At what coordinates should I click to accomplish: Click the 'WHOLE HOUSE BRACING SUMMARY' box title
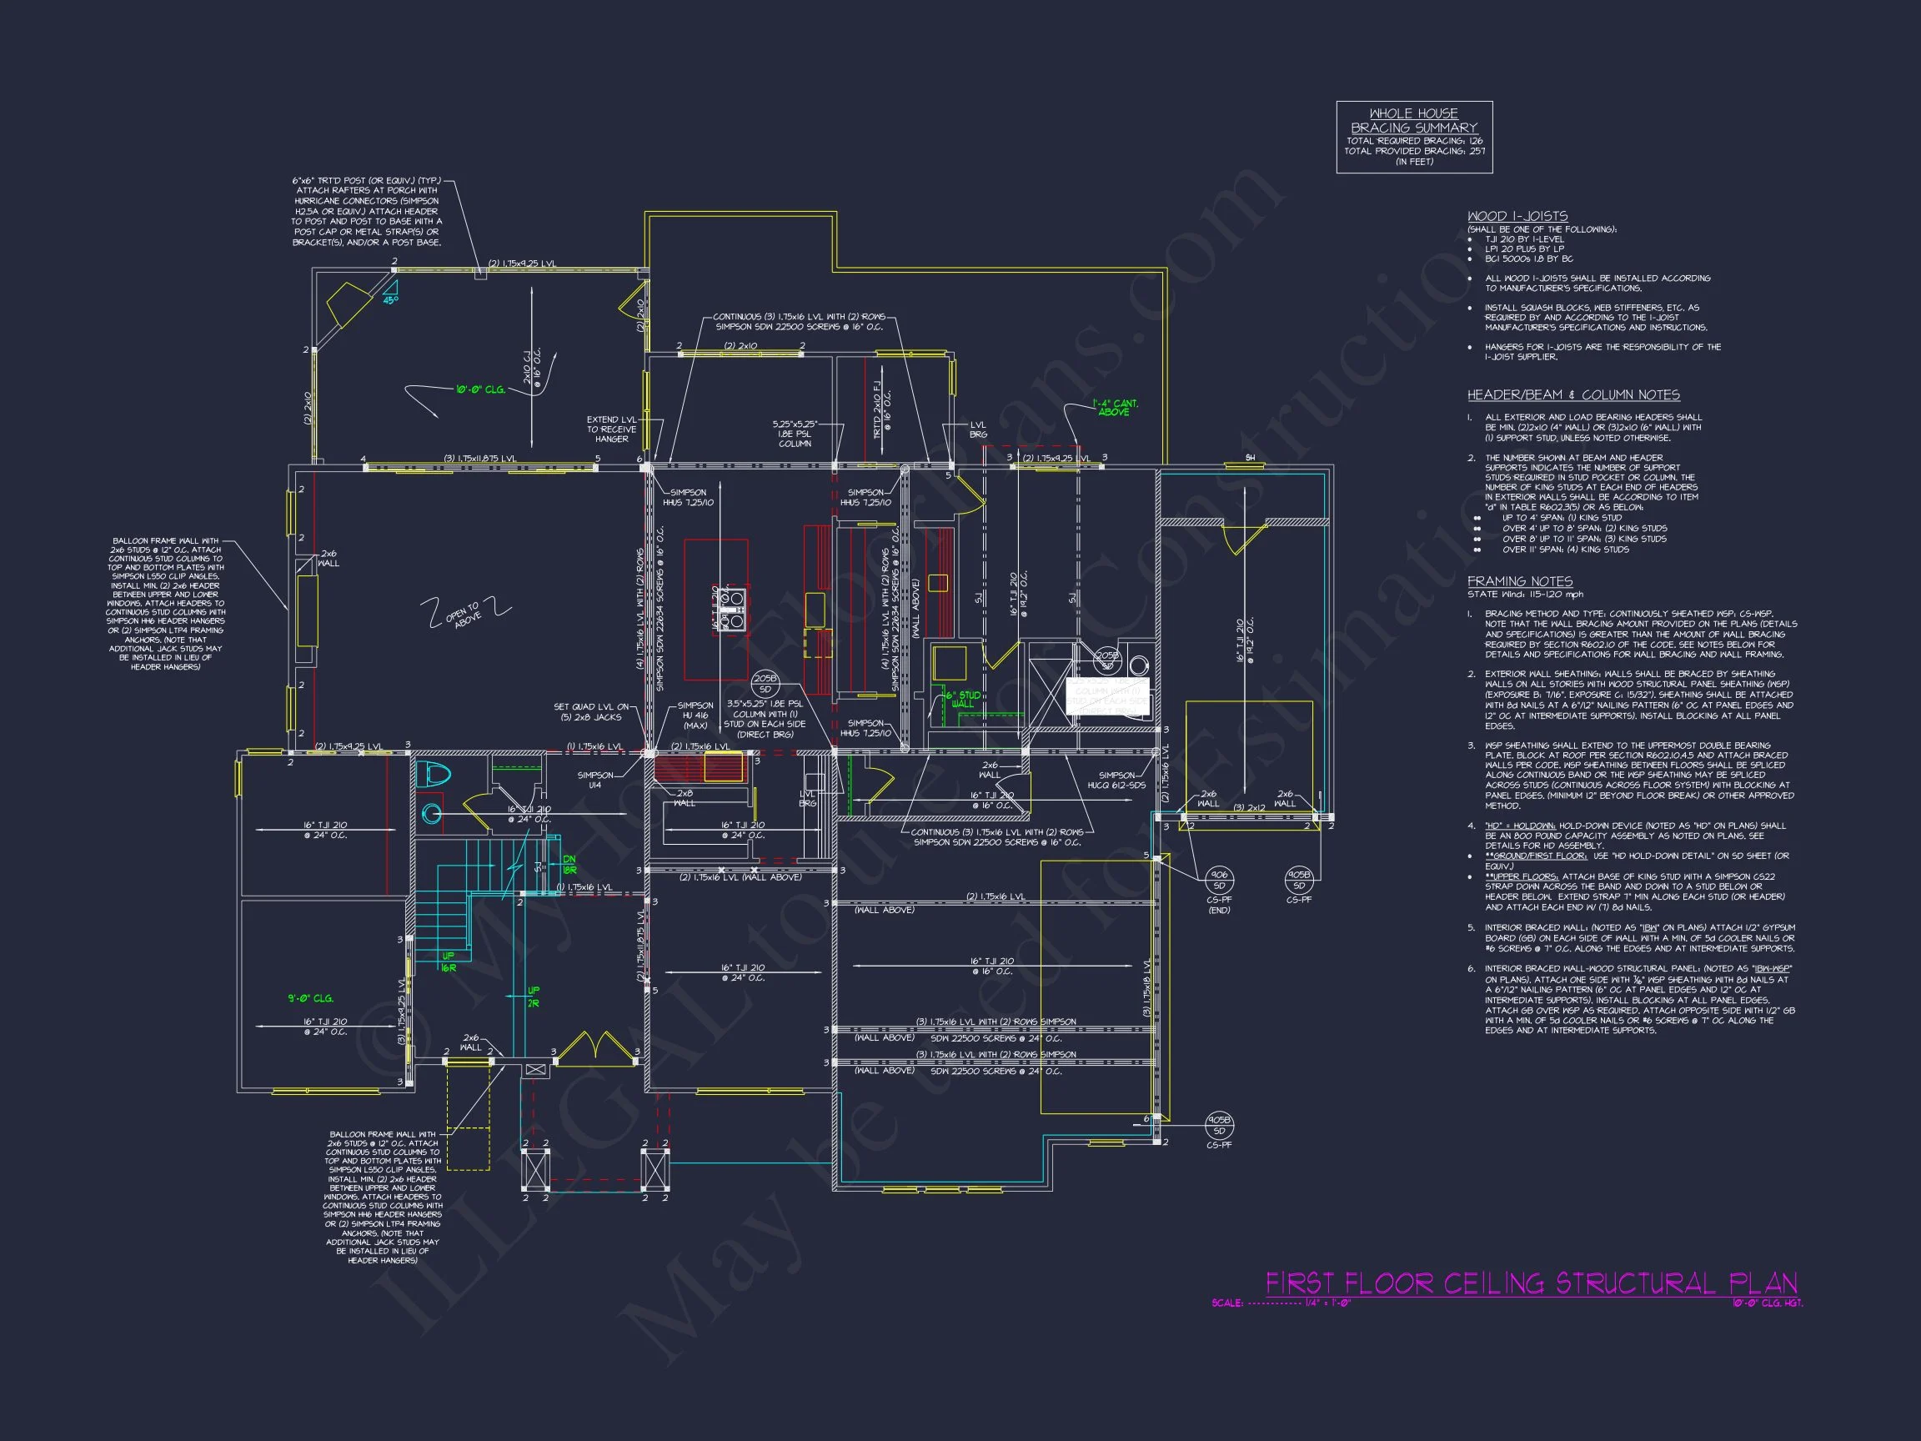pos(1414,120)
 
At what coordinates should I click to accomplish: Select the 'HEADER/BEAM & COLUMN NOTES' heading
pos(1572,394)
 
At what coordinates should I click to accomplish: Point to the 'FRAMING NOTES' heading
pos(1519,581)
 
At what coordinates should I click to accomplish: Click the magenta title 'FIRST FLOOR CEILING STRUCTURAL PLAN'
pos(1530,1283)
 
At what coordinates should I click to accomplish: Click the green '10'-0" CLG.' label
pos(480,390)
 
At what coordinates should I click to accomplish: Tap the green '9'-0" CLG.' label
pos(310,998)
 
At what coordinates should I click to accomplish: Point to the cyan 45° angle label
pos(391,299)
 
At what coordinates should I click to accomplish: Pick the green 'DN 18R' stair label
pos(569,864)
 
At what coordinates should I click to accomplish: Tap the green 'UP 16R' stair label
pos(448,962)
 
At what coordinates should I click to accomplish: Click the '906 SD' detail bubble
pos(1218,880)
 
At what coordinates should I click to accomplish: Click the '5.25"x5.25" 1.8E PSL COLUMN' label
pos(795,434)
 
